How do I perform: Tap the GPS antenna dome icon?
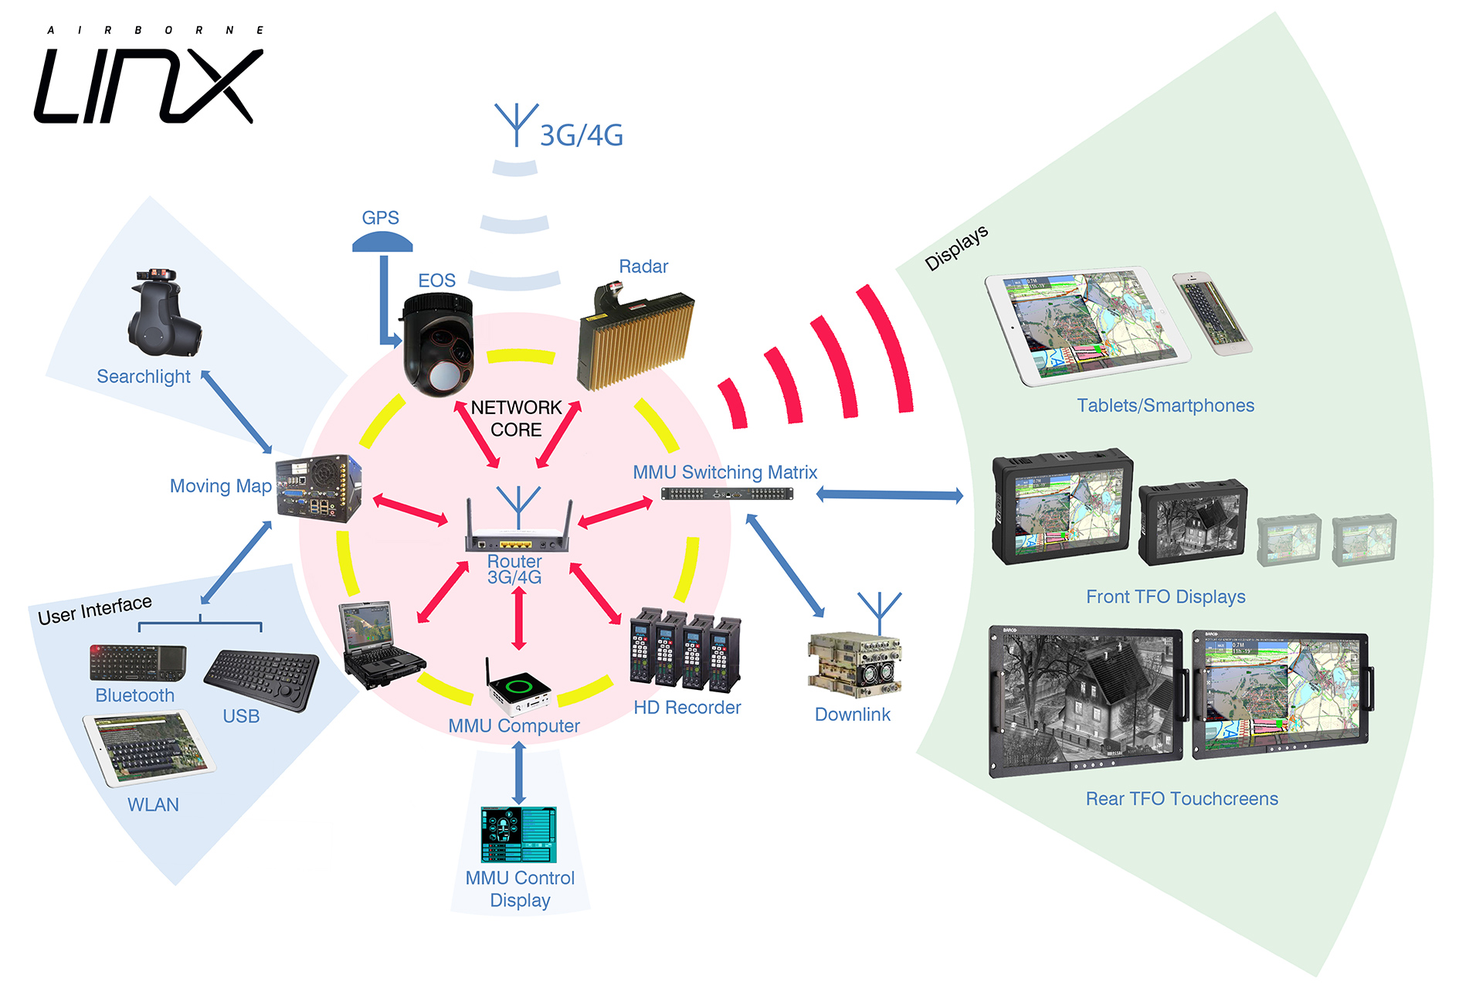pyautogui.click(x=382, y=243)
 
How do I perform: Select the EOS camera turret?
pyautogui.click(x=439, y=345)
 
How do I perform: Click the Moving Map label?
pyautogui.click(x=220, y=486)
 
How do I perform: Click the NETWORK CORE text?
pyautogui.click(x=516, y=418)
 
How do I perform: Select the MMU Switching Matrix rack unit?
pyautogui.click(x=727, y=494)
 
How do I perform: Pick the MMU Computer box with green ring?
pyautogui.click(x=518, y=687)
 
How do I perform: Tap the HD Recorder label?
pyautogui.click(x=687, y=707)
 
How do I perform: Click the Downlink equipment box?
pyautogui.click(x=854, y=663)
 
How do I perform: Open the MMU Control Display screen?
pyautogui.click(x=518, y=834)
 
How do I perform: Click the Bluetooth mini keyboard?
pyautogui.click(x=137, y=661)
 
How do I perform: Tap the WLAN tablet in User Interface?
pyautogui.click(x=149, y=748)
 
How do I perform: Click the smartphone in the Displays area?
pyautogui.click(x=1211, y=313)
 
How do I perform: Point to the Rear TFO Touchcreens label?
pyautogui.click(x=1181, y=798)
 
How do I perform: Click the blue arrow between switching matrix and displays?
pyautogui.click(x=889, y=494)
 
